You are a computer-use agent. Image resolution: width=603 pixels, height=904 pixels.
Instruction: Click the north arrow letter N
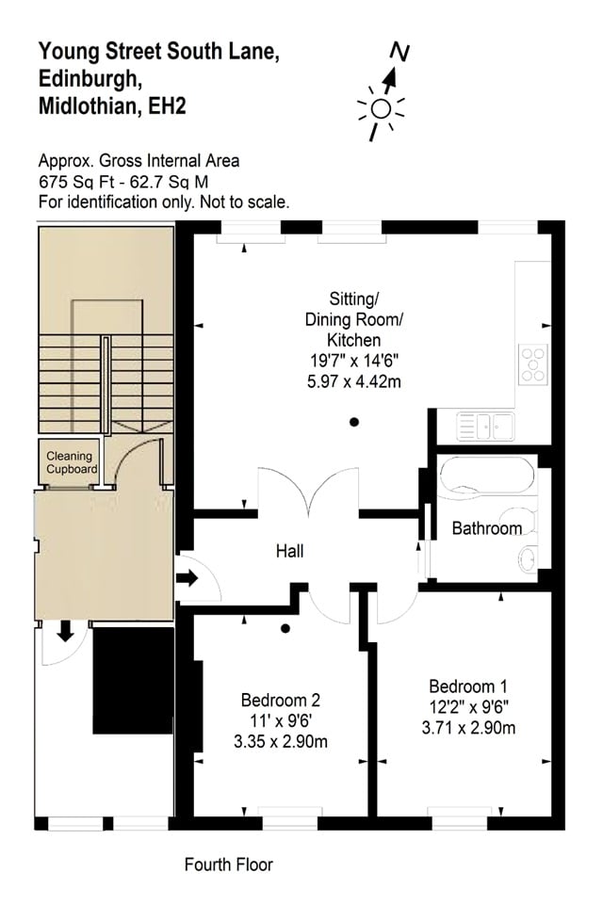tap(401, 53)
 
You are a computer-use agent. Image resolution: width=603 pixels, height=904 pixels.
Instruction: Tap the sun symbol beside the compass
tap(380, 109)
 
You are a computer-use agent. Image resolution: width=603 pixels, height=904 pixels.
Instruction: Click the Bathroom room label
tap(486, 528)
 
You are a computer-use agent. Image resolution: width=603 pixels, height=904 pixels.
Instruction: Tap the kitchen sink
tap(484, 427)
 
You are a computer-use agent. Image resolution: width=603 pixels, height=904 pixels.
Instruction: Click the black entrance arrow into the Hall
tap(188, 578)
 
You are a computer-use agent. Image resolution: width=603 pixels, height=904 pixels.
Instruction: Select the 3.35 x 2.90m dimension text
tap(281, 741)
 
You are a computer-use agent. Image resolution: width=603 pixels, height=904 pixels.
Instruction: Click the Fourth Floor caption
tap(229, 864)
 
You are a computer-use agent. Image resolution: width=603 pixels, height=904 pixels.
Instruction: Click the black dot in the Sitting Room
tap(354, 422)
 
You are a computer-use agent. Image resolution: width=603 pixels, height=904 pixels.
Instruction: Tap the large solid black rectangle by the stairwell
tap(133, 680)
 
